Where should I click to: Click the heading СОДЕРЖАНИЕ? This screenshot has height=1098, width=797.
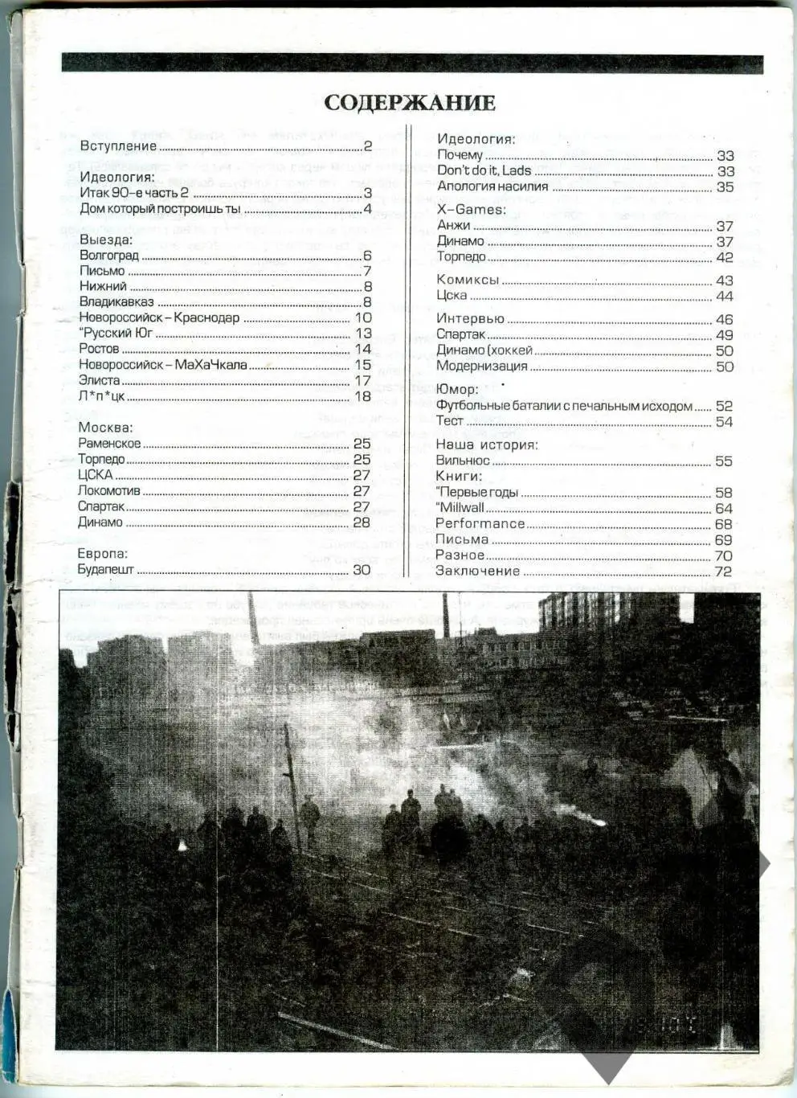click(410, 103)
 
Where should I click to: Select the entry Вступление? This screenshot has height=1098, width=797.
click(118, 146)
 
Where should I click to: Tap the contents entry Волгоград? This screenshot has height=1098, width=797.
click(109, 256)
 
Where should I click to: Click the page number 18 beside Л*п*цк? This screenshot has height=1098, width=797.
click(362, 396)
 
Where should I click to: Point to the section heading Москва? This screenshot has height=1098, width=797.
click(105, 428)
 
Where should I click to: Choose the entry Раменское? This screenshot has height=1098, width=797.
click(109, 444)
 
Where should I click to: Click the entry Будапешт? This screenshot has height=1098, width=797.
click(106, 570)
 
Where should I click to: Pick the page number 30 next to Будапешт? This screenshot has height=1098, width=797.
click(362, 570)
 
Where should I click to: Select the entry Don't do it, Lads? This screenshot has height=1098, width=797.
click(484, 170)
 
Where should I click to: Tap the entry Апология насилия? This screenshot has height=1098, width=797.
click(493, 186)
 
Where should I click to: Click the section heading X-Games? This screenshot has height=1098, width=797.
click(471, 210)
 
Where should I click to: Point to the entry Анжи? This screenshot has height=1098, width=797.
click(453, 226)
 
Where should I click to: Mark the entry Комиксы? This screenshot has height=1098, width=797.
click(468, 280)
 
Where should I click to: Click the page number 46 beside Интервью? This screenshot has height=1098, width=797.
click(724, 319)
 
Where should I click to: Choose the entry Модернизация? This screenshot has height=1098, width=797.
click(482, 367)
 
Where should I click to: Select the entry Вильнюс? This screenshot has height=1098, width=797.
click(463, 461)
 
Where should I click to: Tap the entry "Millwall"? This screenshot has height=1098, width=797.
click(460, 508)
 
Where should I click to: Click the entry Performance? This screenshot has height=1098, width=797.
click(480, 524)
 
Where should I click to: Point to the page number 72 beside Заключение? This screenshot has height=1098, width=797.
click(723, 572)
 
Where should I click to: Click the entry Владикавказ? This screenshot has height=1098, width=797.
click(116, 302)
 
